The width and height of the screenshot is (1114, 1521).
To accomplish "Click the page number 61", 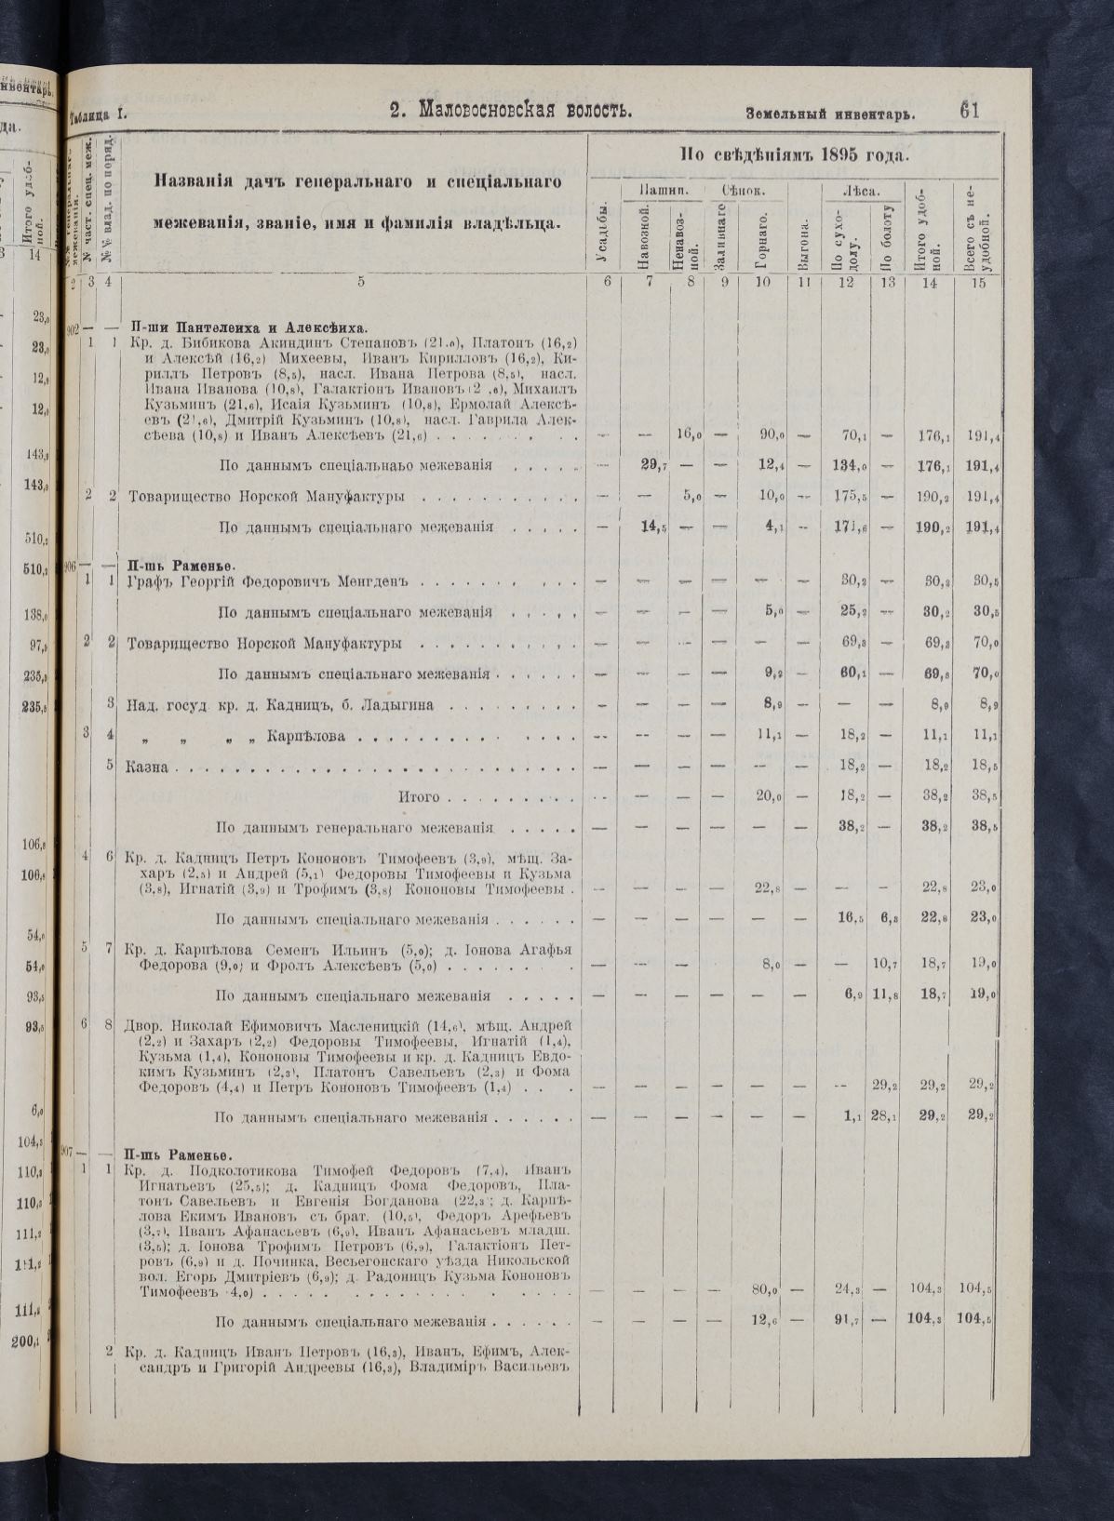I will [x=968, y=111].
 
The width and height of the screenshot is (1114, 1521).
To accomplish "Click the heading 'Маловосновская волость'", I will [x=511, y=111].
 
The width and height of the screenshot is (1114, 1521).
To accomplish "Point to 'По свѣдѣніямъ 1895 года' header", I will [x=795, y=154].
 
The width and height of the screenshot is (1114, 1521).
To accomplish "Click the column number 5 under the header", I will [x=360, y=281].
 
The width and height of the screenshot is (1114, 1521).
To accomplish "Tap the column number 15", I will [x=977, y=281].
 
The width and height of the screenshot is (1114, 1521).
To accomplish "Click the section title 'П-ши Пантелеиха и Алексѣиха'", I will [x=248, y=327].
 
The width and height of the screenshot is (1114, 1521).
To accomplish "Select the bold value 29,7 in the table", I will [x=651, y=465].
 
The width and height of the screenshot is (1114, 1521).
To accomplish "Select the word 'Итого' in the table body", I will [x=418, y=797].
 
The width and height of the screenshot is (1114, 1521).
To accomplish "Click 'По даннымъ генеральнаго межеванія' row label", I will [x=354, y=827].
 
